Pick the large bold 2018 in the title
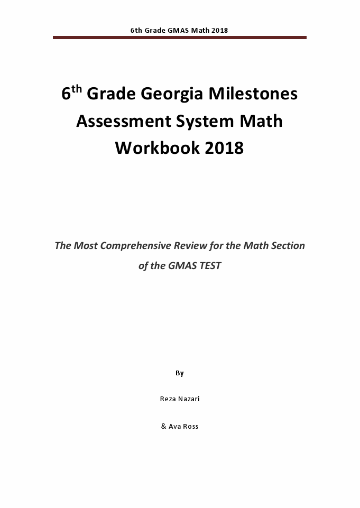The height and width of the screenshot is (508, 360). coord(222,148)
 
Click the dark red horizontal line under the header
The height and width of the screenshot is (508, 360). coord(180,38)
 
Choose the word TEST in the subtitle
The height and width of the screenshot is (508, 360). coord(209,266)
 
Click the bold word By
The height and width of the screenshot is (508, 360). coord(180,373)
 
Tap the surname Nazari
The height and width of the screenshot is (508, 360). coord(189,399)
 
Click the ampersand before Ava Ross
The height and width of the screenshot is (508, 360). coord(163,426)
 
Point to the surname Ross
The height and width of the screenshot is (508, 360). coord(191,426)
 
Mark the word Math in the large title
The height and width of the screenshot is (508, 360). coord(262,121)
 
